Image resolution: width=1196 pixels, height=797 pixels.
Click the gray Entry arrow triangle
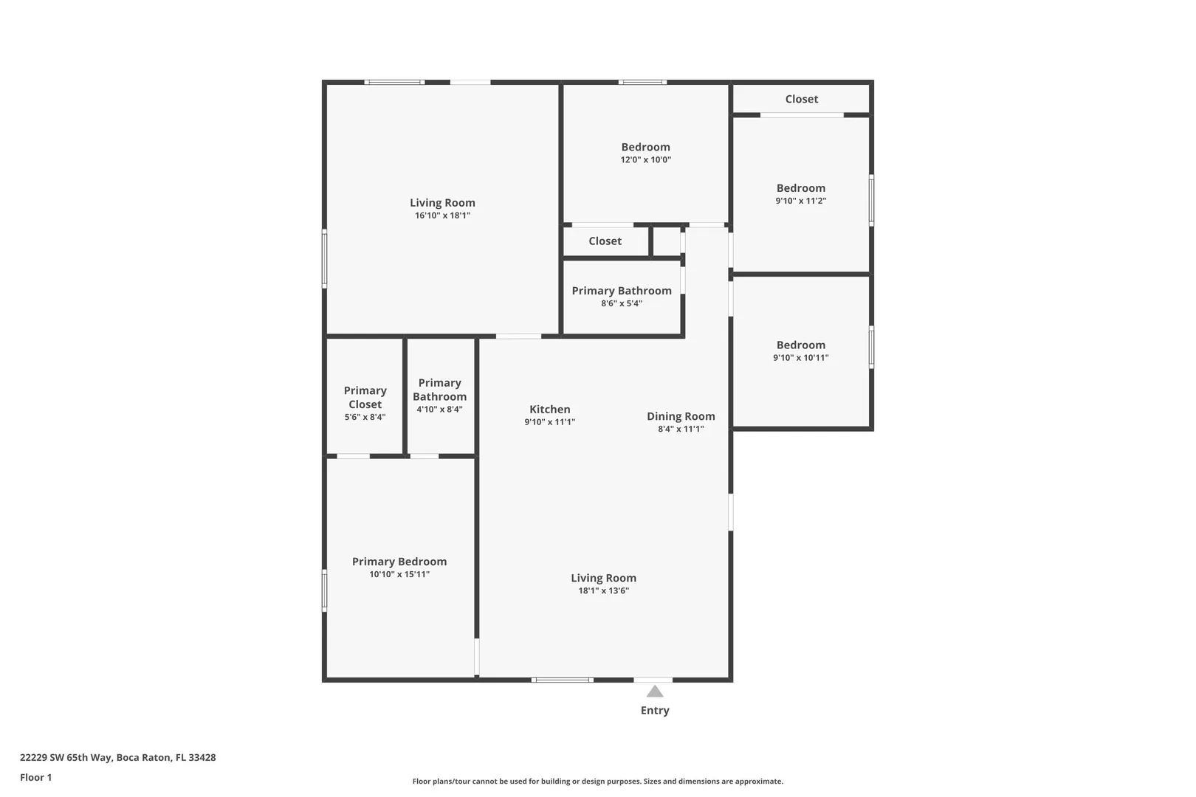[x=655, y=691]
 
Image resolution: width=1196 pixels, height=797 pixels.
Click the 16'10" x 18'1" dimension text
[x=443, y=215]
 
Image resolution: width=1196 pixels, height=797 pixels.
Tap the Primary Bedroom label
[x=399, y=562]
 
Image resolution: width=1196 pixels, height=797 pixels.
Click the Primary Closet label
[x=365, y=397]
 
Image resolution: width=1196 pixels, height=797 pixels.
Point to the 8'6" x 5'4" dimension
[x=622, y=303]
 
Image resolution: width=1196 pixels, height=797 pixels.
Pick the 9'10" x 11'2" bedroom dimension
[x=801, y=201]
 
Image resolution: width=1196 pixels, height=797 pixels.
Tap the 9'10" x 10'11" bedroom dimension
[x=801, y=358]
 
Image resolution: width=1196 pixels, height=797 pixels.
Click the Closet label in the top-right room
[x=802, y=99]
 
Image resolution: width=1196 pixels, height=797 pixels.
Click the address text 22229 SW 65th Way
[x=66, y=757]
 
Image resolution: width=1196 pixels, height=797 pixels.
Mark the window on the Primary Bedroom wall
[x=324, y=590]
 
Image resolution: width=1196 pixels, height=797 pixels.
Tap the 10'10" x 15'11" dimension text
[x=399, y=574]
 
